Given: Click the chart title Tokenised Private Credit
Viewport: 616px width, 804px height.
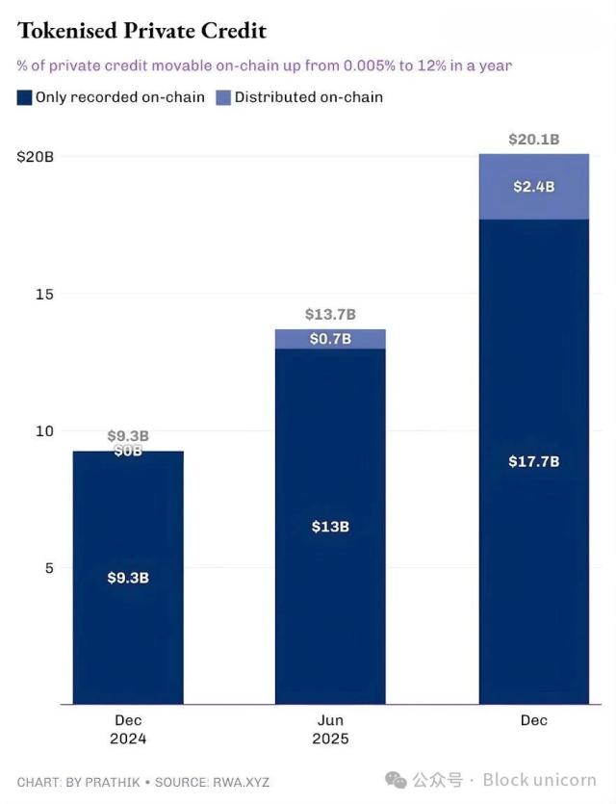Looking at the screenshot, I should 141,31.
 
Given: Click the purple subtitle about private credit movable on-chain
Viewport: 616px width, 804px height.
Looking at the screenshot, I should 264,65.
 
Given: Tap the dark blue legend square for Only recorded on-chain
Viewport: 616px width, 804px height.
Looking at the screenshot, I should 24,96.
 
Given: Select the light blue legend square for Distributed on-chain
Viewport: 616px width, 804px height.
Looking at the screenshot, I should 223,96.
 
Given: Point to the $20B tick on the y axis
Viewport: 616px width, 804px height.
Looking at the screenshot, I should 35,156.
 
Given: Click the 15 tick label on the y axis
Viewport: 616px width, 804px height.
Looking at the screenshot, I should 44,294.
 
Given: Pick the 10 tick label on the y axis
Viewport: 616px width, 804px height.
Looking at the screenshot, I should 44,430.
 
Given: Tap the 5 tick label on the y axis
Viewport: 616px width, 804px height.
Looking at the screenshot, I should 48,567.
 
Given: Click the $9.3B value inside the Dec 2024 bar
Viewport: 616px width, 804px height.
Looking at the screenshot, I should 128,578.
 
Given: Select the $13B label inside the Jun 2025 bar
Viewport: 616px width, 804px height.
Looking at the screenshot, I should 330,527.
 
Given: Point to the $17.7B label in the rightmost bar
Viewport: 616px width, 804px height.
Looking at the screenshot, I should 533,461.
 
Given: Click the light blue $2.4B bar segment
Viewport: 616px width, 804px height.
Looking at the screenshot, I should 533,187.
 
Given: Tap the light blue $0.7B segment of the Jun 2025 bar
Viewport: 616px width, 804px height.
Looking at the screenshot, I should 330,339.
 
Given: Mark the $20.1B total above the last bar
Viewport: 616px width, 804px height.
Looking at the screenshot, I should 533,140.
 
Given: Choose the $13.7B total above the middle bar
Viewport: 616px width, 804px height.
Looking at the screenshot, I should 330,314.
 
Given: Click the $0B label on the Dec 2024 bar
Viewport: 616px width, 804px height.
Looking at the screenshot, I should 128,451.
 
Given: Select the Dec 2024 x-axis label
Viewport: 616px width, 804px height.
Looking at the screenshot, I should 128,729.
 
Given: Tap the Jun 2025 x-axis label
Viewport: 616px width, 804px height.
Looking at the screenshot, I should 330,729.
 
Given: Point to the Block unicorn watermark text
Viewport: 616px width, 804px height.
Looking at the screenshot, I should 539,779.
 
